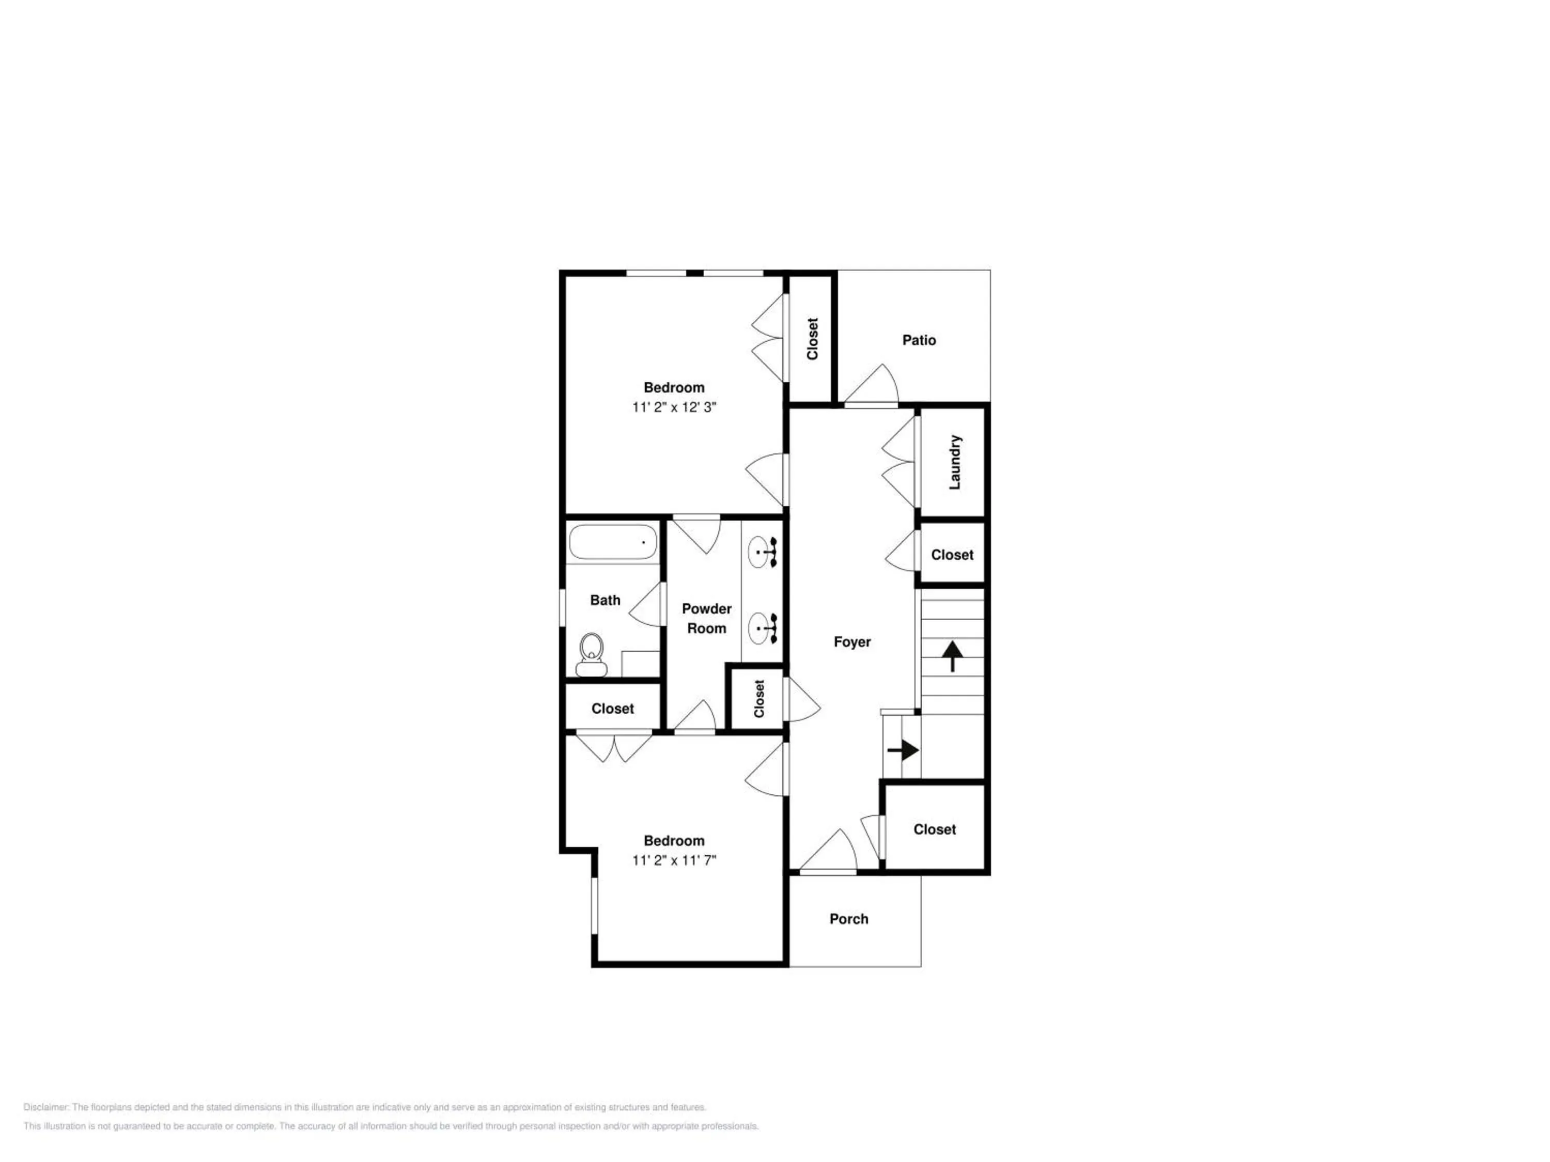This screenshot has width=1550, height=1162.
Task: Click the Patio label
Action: (x=919, y=340)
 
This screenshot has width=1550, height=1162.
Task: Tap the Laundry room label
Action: (x=954, y=462)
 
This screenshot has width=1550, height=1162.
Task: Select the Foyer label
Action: (x=852, y=641)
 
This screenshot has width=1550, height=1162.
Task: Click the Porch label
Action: (x=848, y=919)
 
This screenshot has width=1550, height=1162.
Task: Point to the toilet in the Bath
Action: (x=592, y=655)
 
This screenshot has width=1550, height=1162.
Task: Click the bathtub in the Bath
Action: (x=613, y=542)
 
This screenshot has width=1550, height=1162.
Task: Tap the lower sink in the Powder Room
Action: (x=763, y=629)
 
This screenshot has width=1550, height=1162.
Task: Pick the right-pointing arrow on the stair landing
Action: (x=903, y=750)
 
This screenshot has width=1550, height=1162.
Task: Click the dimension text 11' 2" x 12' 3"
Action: (x=674, y=407)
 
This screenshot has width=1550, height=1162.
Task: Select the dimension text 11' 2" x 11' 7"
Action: (x=674, y=860)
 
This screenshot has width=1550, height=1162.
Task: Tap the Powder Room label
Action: (x=706, y=619)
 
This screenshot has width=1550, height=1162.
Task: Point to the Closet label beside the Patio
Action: (x=812, y=339)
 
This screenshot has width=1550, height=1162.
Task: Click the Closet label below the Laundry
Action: (x=952, y=555)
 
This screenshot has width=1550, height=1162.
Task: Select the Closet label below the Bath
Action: (x=612, y=709)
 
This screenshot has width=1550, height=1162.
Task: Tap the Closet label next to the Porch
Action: (x=935, y=829)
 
